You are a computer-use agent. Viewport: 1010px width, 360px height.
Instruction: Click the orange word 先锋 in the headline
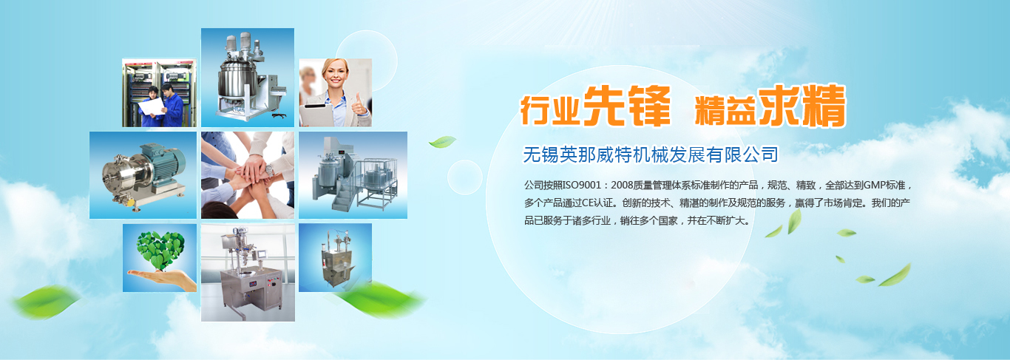(627, 106)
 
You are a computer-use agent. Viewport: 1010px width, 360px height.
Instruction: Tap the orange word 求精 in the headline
(802, 106)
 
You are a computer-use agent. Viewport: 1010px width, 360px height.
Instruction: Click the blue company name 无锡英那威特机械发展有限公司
(651, 154)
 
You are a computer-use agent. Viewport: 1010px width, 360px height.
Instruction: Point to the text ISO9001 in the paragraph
(582, 186)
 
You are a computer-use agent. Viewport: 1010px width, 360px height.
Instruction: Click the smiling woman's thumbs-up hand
(359, 105)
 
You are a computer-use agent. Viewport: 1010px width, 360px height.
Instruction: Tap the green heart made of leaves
(160, 250)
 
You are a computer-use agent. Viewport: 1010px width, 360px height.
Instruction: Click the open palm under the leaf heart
(163, 278)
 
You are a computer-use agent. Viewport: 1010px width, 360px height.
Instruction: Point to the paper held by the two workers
(152, 106)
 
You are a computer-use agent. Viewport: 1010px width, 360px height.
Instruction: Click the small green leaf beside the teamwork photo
(442, 141)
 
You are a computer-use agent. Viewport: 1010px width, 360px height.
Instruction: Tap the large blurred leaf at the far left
(45, 301)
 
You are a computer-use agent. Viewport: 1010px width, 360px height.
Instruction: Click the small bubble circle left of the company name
(465, 177)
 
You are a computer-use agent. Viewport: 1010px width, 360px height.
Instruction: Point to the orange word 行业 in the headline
(550, 110)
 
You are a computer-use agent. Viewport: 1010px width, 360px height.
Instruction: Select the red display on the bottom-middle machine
(253, 284)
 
